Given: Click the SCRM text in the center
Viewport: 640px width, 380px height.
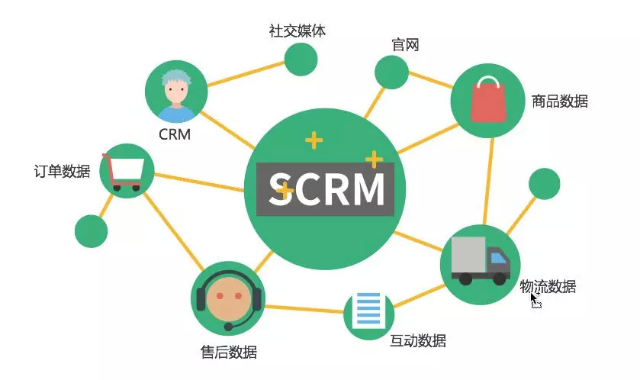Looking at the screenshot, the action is coord(326,189).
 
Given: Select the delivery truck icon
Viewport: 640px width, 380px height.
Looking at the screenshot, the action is coord(480,260).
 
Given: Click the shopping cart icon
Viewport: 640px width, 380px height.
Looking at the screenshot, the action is coord(127,172).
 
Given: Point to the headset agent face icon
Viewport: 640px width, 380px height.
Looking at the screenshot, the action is coord(228,298).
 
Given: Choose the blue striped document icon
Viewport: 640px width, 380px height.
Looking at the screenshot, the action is coord(368,312).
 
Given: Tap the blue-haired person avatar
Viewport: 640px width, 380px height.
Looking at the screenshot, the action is coord(176,95).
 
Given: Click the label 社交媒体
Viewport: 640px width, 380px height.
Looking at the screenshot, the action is coord(298,31).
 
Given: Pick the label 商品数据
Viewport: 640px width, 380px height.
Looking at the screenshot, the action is coord(560,101).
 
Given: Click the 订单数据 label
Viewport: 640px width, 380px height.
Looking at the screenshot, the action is coord(62,171).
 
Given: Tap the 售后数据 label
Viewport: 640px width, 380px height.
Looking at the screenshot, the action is coord(229,352).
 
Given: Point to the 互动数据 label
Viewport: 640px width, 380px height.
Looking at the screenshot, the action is coord(418,340).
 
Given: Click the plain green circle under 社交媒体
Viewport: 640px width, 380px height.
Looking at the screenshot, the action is coord(301,60).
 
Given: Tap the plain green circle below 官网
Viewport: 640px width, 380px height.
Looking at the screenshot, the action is coord(392,72).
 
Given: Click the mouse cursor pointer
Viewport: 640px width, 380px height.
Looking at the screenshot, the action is coord(535,300).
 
